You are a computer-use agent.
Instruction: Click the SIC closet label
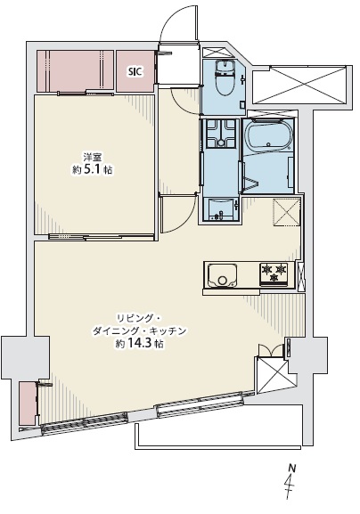pyautogui.click(x=135, y=71)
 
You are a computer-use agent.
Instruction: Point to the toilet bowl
pyautogui.click(x=225, y=78)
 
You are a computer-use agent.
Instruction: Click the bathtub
pyautogui.click(x=268, y=135)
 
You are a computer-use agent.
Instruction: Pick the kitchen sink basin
pyautogui.click(x=222, y=275)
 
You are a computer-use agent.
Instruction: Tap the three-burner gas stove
pyautogui.click(x=274, y=273)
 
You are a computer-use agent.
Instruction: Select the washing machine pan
pyautogui.click(x=221, y=133)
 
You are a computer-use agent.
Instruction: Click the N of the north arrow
pyautogui.click(x=291, y=468)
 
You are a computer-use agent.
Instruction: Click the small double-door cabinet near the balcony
pyautogui.click(x=271, y=350)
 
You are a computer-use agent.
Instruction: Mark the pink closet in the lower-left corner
pyautogui.click(x=28, y=404)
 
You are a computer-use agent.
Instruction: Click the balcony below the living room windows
pyautogui.click(x=219, y=427)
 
